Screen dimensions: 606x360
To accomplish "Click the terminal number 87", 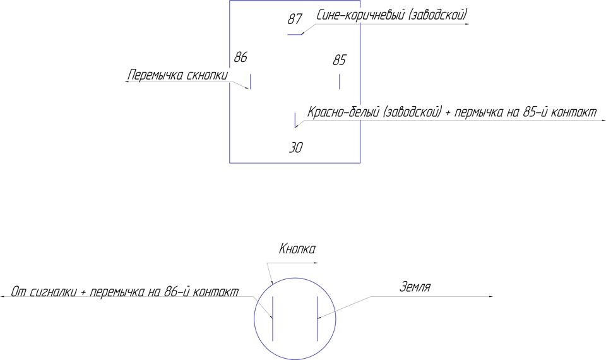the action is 295,19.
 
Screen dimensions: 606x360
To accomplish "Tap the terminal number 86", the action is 241,57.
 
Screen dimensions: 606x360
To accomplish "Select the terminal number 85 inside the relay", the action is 340,60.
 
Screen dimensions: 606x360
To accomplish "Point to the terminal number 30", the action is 296,148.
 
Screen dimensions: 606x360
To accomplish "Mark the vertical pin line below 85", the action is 340,82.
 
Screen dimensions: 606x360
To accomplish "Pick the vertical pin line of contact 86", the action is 251,82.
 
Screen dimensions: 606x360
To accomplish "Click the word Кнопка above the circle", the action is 297,249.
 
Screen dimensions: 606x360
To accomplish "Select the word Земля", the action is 415,287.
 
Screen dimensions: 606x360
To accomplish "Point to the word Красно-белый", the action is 342,112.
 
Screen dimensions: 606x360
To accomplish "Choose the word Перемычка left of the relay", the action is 155,76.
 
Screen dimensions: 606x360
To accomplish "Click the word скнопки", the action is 206,76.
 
